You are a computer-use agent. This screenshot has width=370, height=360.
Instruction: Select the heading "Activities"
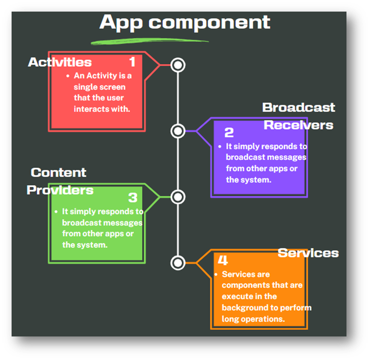(60, 62)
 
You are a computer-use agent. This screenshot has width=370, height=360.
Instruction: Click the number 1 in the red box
(132, 62)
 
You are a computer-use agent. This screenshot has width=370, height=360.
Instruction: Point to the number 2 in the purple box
(229, 133)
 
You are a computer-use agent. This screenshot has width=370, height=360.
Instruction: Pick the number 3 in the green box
(133, 197)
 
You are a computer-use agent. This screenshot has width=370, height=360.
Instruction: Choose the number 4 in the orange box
(223, 260)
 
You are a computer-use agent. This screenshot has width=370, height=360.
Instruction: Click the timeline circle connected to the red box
(178, 65)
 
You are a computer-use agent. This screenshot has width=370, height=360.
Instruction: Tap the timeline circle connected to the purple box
(178, 131)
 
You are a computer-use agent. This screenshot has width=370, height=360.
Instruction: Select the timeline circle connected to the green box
(178, 197)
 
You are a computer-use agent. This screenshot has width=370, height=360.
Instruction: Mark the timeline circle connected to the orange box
(178, 263)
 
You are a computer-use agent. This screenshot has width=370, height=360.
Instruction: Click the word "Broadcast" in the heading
(298, 107)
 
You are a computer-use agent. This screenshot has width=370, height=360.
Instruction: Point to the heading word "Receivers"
(298, 125)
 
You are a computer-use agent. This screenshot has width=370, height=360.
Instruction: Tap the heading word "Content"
(59, 172)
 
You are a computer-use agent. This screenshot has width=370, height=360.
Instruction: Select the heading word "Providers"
(60, 190)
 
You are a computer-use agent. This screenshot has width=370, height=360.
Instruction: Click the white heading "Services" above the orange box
(308, 253)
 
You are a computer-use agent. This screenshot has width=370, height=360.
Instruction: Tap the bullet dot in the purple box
(220, 147)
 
